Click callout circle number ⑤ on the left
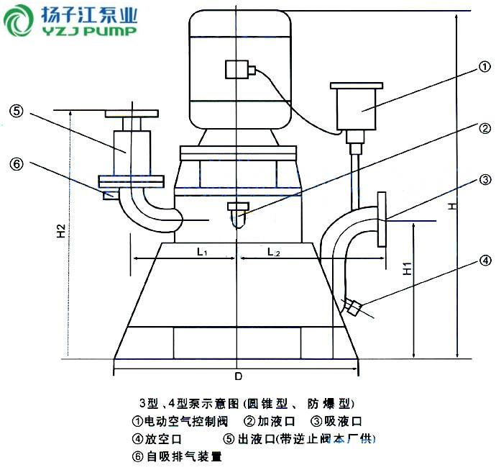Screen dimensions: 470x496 17,111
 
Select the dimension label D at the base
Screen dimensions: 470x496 237,376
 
